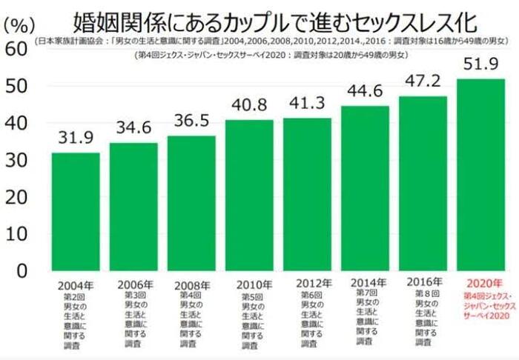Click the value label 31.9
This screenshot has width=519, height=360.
pos(75,139)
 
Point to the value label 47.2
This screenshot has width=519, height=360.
pos(423,81)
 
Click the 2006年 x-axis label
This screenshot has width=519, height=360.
pos(133,284)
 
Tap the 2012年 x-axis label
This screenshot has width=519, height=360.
pos(308,283)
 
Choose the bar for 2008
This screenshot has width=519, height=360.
pos(191,203)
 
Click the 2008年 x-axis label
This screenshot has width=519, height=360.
pos(191,284)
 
